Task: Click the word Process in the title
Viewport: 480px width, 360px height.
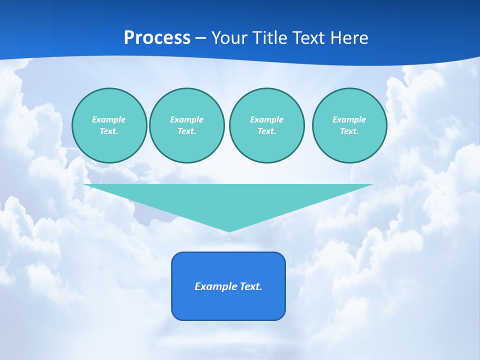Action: pyautogui.click(x=157, y=38)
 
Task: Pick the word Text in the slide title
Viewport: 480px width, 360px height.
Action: pyautogui.click(x=310, y=38)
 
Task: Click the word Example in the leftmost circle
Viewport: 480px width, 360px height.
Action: pyautogui.click(x=109, y=119)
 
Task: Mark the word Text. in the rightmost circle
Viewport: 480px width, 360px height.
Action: pyautogui.click(x=349, y=131)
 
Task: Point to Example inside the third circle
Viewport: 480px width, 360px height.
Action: pyautogui.click(x=266, y=119)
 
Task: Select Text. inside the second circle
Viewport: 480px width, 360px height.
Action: pyautogui.click(x=186, y=131)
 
